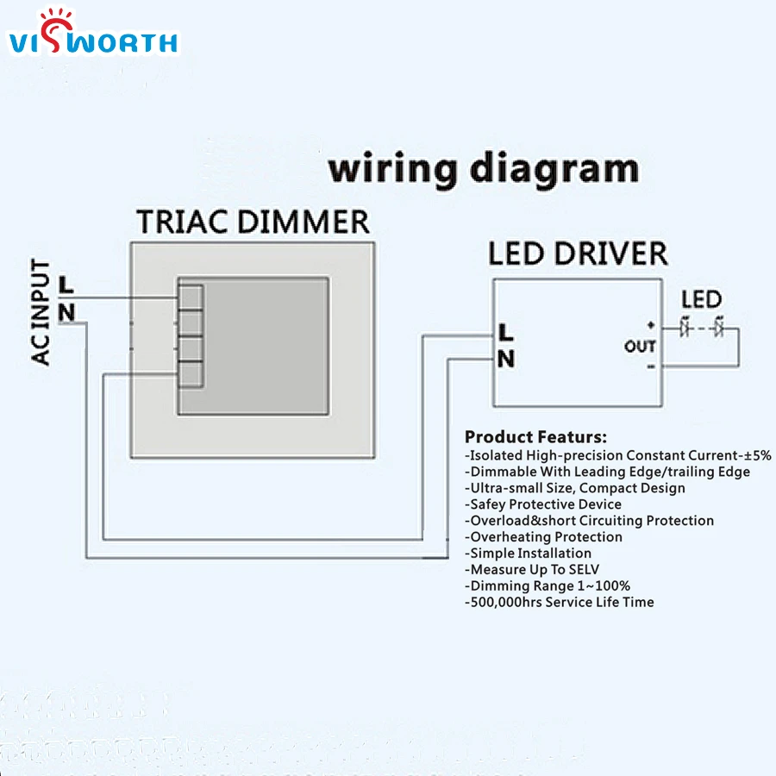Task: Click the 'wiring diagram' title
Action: pyautogui.click(x=484, y=168)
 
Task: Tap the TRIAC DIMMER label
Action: pyautogui.click(x=253, y=222)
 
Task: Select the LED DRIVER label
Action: pyautogui.click(x=577, y=253)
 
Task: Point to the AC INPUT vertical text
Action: pyautogui.click(x=41, y=313)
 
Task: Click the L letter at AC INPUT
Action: pyautogui.click(x=66, y=284)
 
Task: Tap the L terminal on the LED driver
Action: pyautogui.click(x=506, y=331)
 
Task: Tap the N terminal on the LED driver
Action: pyautogui.click(x=506, y=359)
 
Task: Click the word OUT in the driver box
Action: pyautogui.click(x=640, y=347)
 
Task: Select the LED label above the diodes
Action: pyautogui.click(x=701, y=300)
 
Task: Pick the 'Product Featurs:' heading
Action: pyautogui.click(x=535, y=437)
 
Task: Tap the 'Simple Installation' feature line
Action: pyautogui.click(x=528, y=553)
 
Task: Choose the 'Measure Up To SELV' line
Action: pyautogui.click(x=531, y=569)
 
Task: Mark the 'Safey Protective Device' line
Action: pyautogui.click(x=542, y=504)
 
